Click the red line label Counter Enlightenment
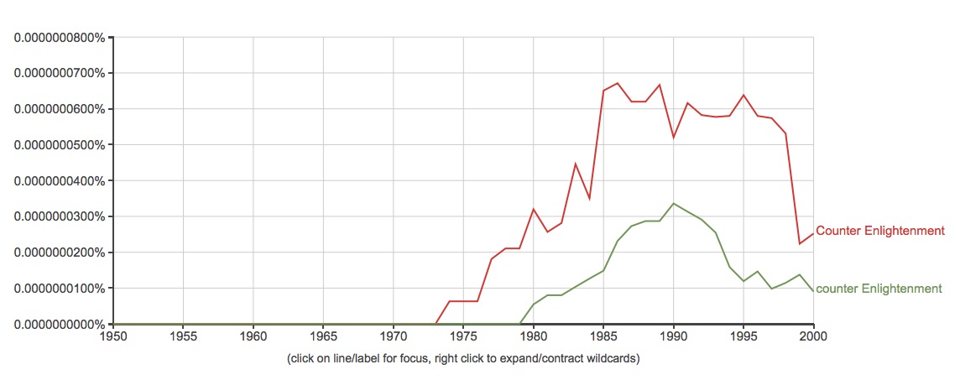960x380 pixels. (880, 231)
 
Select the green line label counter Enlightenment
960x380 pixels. (879, 289)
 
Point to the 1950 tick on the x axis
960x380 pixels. (113, 337)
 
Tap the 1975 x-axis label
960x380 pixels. (463, 337)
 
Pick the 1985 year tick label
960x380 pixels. (603, 337)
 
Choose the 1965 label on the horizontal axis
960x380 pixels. (323, 337)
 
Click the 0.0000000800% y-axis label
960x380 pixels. (58, 38)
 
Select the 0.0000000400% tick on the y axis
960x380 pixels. (58, 181)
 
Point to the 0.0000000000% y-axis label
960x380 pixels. (58, 325)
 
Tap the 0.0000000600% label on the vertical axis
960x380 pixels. (58, 109)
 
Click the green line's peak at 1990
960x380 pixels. (673, 203)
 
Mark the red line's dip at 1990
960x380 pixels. (673, 137)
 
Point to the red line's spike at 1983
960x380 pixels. (576, 164)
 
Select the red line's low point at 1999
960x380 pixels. (800, 244)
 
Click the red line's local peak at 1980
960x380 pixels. (534, 209)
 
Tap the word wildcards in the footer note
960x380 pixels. (613, 359)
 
